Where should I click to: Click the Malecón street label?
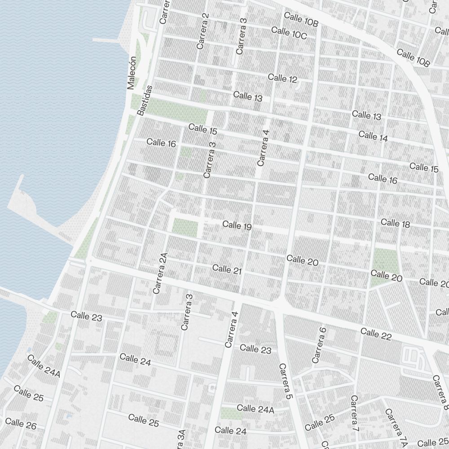(x=132, y=73)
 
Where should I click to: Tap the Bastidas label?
(x=145, y=101)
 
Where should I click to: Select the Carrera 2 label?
(x=203, y=31)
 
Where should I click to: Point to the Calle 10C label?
(x=289, y=33)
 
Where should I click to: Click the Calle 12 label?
(x=282, y=78)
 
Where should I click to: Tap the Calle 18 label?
(x=395, y=223)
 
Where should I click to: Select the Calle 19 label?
(x=237, y=225)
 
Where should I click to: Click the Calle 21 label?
(x=227, y=269)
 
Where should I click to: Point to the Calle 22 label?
(x=375, y=334)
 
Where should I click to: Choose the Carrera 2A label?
(x=160, y=273)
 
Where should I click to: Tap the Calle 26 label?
(x=21, y=423)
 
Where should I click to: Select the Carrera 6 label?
(x=319, y=345)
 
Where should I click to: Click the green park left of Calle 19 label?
(x=185, y=227)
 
